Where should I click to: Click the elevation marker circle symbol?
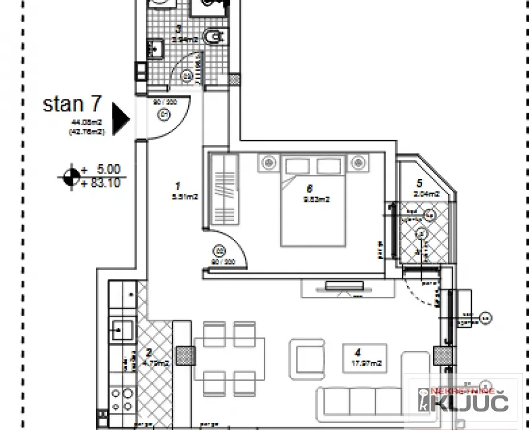72,176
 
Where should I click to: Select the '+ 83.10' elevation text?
102,183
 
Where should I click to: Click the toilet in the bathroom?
213,38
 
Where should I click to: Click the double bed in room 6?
313,201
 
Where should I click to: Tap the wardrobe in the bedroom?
224,189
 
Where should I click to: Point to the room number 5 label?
420,183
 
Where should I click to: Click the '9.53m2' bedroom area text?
316,199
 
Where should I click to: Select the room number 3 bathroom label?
179,28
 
